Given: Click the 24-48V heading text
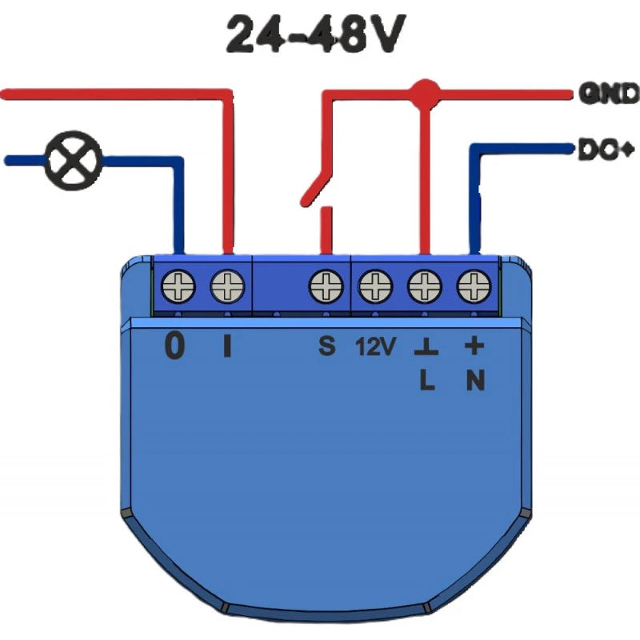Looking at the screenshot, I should click(312, 35).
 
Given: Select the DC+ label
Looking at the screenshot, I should click(606, 149).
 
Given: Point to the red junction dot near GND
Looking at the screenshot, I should click(425, 94).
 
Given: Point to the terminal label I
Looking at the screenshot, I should click(227, 346).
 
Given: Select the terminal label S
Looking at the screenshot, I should click(326, 346).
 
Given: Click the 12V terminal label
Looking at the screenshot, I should click(375, 346).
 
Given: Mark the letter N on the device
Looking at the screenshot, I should click(475, 382).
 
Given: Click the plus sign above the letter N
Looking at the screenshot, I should click(474, 346).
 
